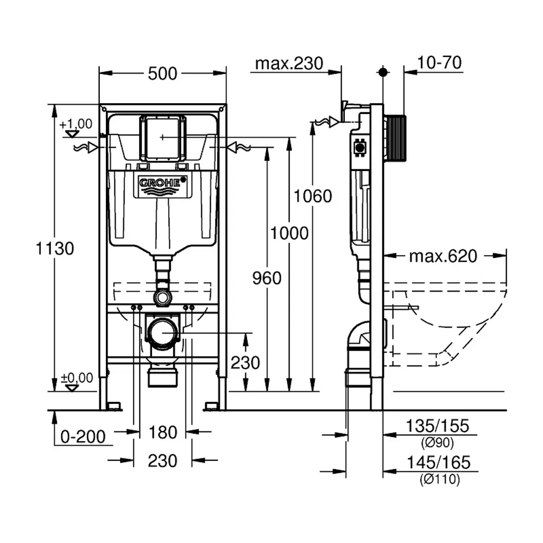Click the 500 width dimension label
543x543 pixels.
click(163, 73)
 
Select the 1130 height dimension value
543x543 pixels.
click(54, 249)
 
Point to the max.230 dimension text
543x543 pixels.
click(289, 64)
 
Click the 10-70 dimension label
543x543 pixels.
click(440, 63)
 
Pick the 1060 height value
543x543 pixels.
click(313, 195)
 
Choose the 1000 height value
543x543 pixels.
click(289, 233)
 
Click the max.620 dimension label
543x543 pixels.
click(443, 256)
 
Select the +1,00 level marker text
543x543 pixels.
click(76, 124)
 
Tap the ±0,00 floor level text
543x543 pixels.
click(77, 377)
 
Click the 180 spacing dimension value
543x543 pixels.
click(163, 432)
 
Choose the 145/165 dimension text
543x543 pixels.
click(438, 463)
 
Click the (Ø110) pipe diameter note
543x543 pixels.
click(440, 479)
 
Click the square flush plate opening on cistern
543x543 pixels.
click(163, 138)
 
